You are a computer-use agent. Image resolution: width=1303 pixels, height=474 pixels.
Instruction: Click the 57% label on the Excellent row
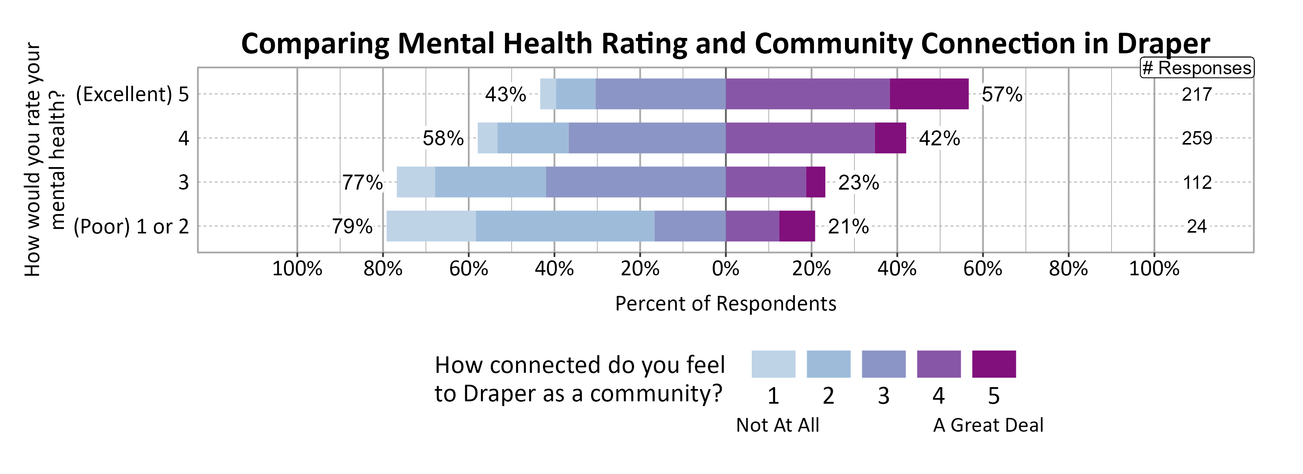pos(1001,94)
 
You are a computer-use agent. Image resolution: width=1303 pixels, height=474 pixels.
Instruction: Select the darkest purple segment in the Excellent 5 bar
pos(929,94)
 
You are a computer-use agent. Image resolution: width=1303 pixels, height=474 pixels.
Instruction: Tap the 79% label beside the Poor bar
pos(352,226)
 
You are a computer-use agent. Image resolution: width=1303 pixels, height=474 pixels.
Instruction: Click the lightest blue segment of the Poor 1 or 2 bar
pos(431,226)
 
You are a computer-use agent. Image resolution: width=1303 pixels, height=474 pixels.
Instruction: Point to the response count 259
pos(1196,138)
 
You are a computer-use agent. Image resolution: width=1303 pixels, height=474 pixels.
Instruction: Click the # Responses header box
pos(1196,68)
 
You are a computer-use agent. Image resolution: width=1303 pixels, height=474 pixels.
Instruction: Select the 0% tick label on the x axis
pos(725,269)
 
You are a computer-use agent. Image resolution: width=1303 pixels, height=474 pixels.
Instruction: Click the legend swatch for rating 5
pos(993,364)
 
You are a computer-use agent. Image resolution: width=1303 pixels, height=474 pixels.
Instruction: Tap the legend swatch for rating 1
pos(773,364)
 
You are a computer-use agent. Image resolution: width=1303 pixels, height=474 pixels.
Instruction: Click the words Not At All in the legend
pos(777,425)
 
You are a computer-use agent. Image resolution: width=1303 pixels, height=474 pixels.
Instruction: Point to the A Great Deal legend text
pos(988,425)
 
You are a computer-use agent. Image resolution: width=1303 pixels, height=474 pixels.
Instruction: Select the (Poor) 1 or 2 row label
pos(131,227)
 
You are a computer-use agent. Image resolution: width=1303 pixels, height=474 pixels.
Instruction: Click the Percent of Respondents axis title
pos(725,303)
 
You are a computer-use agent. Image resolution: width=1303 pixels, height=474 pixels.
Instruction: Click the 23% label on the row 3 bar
pos(858,182)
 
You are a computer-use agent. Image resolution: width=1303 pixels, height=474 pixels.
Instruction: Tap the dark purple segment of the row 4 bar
pos(890,138)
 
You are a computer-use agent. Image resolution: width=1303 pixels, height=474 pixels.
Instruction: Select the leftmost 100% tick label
pos(297,269)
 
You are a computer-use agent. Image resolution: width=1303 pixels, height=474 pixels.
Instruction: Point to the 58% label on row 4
pos(443,138)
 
